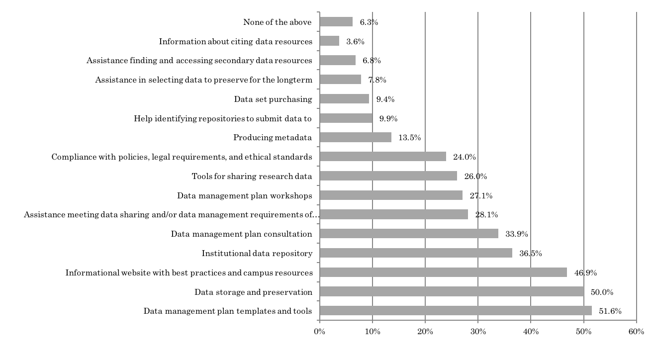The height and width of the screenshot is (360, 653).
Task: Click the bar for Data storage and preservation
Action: pyautogui.click(x=452, y=291)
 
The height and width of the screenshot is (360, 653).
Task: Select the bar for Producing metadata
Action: pyautogui.click(x=356, y=137)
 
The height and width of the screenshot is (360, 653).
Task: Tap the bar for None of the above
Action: pyautogui.click(x=336, y=22)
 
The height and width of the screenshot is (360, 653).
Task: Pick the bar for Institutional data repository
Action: pyautogui.click(x=416, y=253)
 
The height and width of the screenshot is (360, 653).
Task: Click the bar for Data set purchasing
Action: pyautogui.click(x=344, y=99)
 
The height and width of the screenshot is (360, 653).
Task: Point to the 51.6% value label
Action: pyautogui.click(x=610, y=311)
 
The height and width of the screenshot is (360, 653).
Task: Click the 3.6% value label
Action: pyautogui.click(x=356, y=42)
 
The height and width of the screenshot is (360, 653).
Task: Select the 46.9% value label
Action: pyautogui.click(x=585, y=273)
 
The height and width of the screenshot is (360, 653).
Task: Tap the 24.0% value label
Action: pyautogui.click(x=465, y=158)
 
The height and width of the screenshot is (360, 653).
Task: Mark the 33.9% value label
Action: pyautogui.click(x=517, y=234)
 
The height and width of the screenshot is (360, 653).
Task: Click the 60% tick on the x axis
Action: pyautogui.click(x=636, y=332)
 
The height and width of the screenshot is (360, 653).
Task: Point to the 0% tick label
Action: pyautogui.click(x=319, y=332)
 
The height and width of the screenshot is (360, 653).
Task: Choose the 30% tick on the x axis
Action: pyautogui.click(x=478, y=332)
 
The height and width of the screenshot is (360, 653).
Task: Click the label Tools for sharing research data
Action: pyautogui.click(x=252, y=176)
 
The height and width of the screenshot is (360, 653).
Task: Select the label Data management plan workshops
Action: pyautogui.click(x=244, y=195)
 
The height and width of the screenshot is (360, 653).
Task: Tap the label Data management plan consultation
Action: pyautogui.click(x=241, y=234)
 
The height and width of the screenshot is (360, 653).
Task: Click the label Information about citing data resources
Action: pyautogui.click(x=235, y=41)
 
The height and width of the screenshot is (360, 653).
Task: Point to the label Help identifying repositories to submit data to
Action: pyautogui.click(x=223, y=118)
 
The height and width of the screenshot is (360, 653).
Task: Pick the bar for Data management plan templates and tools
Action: pyautogui.click(x=456, y=311)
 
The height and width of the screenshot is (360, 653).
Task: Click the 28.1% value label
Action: pyautogui.click(x=486, y=215)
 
